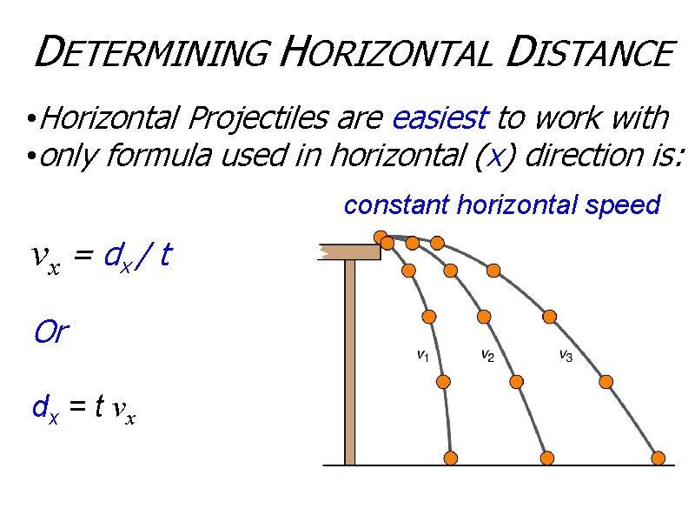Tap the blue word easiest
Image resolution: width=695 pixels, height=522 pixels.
(x=442, y=117)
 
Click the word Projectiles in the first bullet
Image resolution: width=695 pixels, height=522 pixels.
(x=253, y=117)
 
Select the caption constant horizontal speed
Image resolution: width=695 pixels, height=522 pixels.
(x=502, y=205)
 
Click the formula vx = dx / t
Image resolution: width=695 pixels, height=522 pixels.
(x=100, y=257)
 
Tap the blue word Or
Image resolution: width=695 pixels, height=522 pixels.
(x=50, y=331)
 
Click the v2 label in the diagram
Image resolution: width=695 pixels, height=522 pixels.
(x=487, y=355)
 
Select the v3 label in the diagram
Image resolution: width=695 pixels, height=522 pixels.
(x=565, y=355)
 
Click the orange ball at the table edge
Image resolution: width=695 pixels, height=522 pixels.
(x=381, y=237)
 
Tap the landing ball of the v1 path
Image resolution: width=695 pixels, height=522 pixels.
(x=451, y=458)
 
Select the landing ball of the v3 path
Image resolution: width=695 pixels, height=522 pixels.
(x=659, y=458)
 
